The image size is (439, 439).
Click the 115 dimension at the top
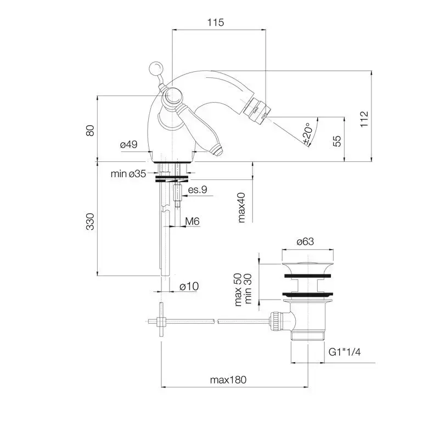(216, 22)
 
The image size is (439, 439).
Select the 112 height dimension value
(364, 119)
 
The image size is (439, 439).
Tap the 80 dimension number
(90, 131)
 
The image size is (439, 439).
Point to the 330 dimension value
(90, 222)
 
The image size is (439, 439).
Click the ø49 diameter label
(129, 144)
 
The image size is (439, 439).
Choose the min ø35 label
(128, 173)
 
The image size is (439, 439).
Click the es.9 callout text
(198, 189)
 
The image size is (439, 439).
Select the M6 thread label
(193, 222)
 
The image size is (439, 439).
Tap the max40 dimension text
(241, 207)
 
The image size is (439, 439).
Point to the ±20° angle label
(307, 134)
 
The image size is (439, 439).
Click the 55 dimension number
(337, 141)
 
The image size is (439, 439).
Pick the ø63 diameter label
(305, 241)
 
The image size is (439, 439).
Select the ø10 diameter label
(189, 286)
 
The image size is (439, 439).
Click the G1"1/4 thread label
(345, 352)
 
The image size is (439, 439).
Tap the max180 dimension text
(228, 380)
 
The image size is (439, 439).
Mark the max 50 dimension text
(238, 290)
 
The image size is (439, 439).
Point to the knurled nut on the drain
(274, 322)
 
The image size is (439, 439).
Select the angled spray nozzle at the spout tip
(256, 109)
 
